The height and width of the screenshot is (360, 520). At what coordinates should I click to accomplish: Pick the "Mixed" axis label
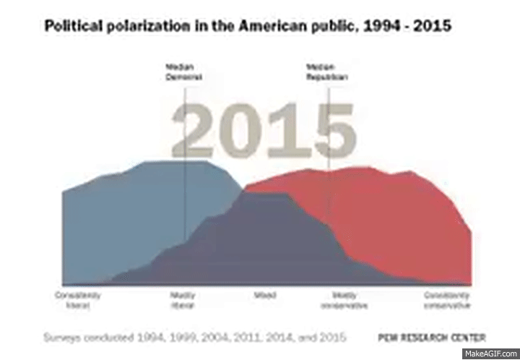(264, 296)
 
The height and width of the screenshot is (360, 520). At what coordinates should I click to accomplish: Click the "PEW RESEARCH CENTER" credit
(432, 338)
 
